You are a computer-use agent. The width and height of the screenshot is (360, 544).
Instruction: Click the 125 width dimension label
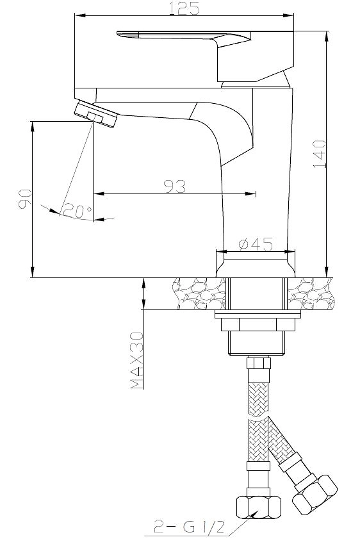[184, 8]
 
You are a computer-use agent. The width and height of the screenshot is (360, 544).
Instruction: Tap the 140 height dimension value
[320, 154]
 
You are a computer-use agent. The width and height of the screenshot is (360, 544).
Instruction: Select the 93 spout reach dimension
[175, 186]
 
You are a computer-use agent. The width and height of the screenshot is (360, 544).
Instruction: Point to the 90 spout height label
[24, 199]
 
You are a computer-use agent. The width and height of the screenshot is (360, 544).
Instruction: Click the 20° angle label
[78, 211]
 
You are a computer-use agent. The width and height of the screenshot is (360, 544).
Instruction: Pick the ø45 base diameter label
[256, 244]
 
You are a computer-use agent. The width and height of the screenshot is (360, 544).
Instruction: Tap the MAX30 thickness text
[137, 360]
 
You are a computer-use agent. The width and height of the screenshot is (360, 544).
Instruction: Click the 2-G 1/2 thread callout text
[190, 529]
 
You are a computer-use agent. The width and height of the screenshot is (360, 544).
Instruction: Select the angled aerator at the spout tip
[96, 114]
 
